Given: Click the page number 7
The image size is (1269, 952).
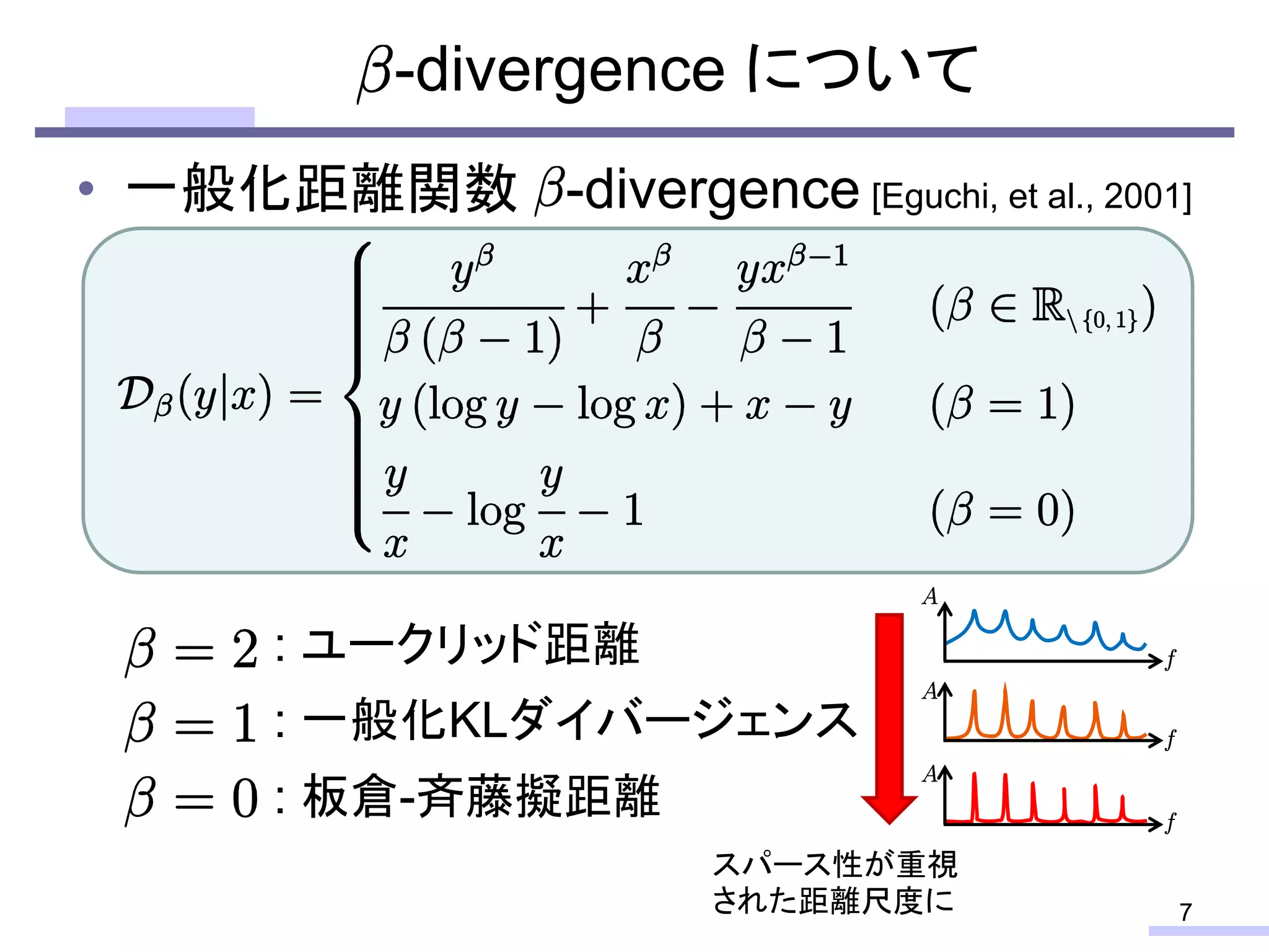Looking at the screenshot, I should (x=1185, y=912).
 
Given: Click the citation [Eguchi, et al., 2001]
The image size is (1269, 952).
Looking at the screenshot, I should (x=1031, y=197).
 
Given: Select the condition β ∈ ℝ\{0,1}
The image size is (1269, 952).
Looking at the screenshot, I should (x=1042, y=308).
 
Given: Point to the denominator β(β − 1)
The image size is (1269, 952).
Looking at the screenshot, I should (x=473, y=339).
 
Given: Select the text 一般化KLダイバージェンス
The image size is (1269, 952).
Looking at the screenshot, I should (x=579, y=720).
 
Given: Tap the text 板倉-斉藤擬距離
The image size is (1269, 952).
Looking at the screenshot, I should (x=481, y=797).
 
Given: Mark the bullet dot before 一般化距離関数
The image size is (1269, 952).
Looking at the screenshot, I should (x=87, y=188).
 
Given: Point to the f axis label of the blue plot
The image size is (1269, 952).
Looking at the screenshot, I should (x=1170, y=659).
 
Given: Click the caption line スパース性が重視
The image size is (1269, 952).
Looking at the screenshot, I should (x=835, y=865).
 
